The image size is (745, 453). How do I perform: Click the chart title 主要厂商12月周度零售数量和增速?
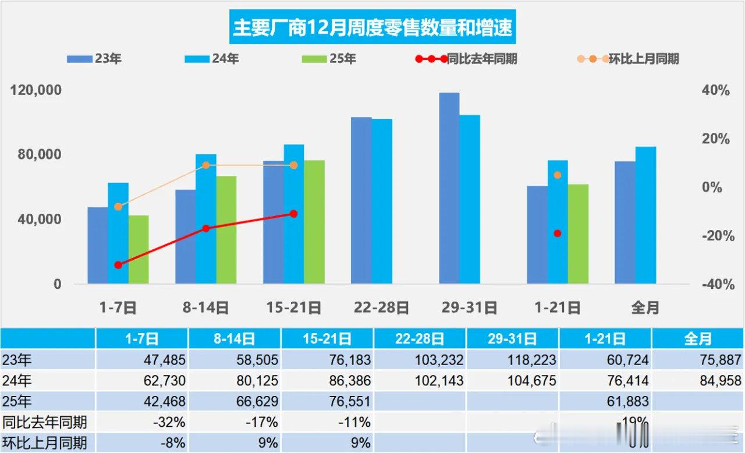372,27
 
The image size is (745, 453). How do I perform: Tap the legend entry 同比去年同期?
466,59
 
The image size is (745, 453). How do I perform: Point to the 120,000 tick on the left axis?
36,91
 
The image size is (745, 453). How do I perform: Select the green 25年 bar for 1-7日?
139,250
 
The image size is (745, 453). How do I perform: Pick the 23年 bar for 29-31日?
449,188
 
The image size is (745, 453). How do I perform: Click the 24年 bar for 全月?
645,215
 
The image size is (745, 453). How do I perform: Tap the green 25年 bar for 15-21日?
314,222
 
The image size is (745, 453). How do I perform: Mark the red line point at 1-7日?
118,265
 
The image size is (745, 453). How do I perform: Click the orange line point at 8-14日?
205,165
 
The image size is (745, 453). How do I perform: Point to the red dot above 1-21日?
557,233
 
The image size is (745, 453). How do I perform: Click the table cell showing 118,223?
513,360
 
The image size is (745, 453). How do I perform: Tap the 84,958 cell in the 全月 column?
698,381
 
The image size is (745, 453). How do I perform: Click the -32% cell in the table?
141,422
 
